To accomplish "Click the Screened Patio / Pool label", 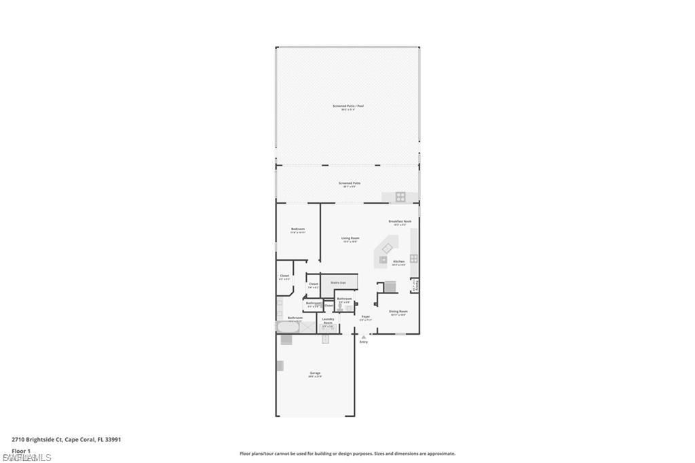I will click(344, 106).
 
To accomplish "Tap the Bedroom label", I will click(298, 229).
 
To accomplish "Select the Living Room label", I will click(350, 238).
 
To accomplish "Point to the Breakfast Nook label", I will click(398, 221).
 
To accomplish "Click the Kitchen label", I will click(398, 261).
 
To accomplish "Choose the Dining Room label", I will click(398, 312).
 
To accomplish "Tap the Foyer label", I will click(366, 316).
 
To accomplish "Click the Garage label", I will click(315, 373).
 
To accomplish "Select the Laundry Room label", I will click(328, 320).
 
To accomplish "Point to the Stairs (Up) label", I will click(338, 282).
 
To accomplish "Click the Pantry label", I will click(415, 286).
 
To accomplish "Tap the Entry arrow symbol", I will click(364, 336).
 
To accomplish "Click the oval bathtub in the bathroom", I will click(286, 327).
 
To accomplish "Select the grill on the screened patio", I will click(400, 198).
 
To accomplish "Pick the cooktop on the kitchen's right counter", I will click(413, 258).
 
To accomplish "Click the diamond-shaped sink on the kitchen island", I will click(388, 248).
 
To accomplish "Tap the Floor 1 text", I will click(21, 450).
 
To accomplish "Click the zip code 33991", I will click(113, 439).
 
